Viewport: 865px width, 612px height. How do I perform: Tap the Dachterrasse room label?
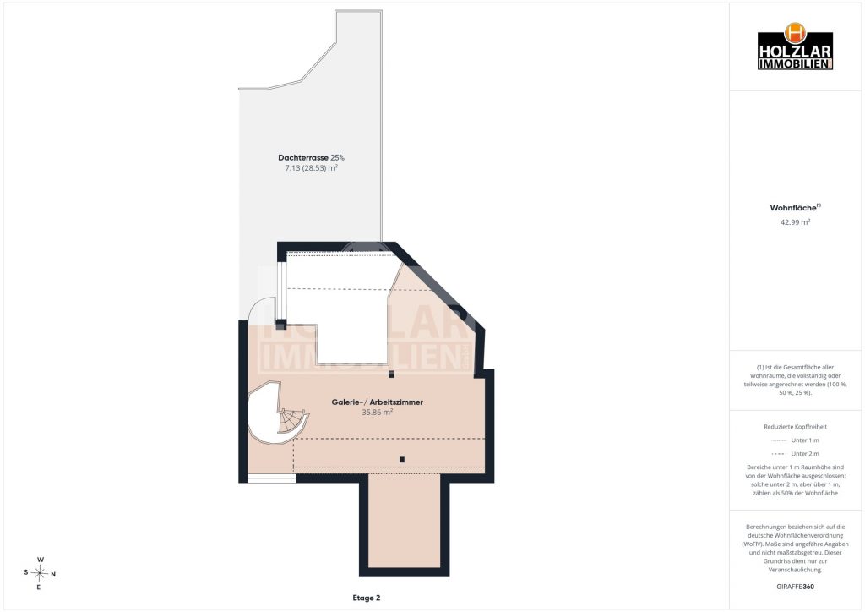(x=303, y=158)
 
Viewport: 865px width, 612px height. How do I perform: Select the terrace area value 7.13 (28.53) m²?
(x=311, y=167)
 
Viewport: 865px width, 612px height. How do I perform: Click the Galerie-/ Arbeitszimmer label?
(x=378, y=402)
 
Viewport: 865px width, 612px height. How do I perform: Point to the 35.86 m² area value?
(x=378, y=413)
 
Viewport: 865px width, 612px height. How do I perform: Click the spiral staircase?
(x=276, y=413)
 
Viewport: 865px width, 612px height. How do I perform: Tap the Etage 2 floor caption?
(x=367, y=598)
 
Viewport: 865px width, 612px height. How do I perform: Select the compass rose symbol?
(x=40, y=573)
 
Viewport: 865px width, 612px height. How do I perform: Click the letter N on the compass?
(x=53, y=575)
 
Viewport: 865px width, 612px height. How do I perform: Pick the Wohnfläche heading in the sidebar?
(x=794, y=208)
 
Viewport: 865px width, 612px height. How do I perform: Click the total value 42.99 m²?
(x=795, y=222)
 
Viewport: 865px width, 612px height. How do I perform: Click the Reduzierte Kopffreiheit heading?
(x=795, y=427)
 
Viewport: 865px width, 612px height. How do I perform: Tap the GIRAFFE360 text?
(x=795, y=587)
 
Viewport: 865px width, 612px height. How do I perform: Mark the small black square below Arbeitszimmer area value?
(x=402, y=460)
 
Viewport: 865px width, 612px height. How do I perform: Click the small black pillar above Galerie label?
(x=392, y=374)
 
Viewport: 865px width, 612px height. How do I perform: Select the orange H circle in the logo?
(x=795, y=33)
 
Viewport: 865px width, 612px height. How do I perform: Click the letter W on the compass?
(x=41, y=560)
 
